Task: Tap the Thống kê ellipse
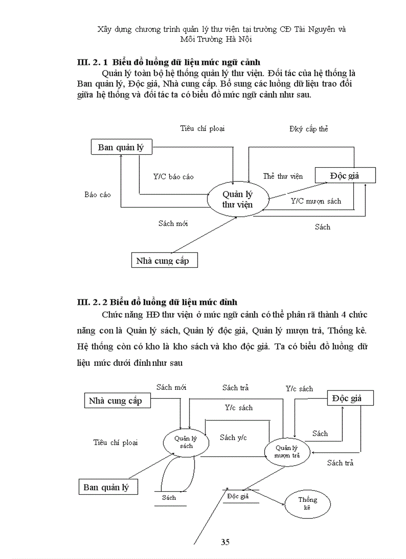(307, 504)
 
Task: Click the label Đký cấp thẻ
(308, 129)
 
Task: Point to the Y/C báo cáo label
(173, 177)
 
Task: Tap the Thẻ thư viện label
(283, 176)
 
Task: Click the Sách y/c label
(233, 438)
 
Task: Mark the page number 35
(225, 542)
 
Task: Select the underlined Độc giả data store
(237, 496)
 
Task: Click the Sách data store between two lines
(169, 497)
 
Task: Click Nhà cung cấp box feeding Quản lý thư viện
(163, 260)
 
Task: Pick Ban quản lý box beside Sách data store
(107, 487)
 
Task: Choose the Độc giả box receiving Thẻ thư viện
(345, 175)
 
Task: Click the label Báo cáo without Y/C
(98, 195)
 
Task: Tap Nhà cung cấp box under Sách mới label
(115, 401)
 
